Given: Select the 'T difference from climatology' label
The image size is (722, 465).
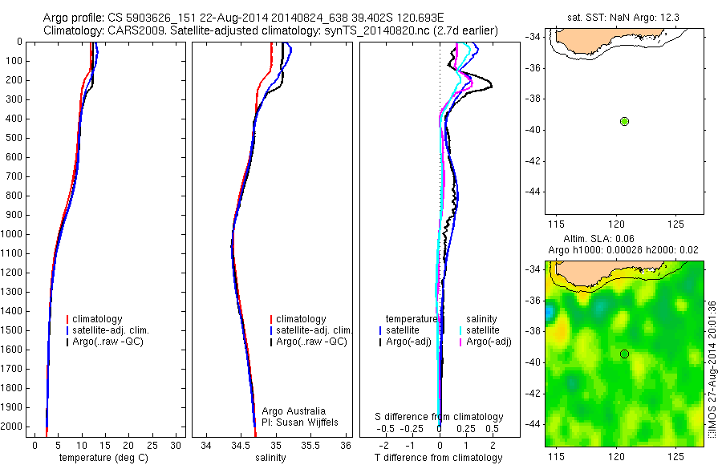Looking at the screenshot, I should click(439, 458).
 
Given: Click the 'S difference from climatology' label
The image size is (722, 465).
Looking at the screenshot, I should click(440, 418).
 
